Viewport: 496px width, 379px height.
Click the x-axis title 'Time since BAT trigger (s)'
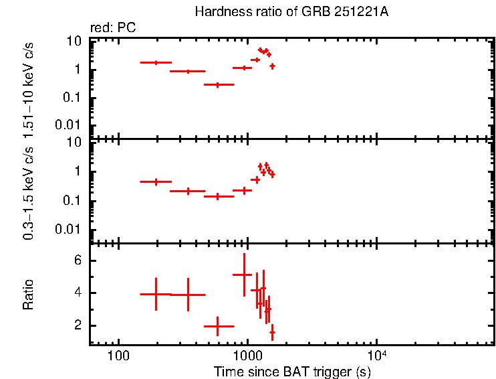(291, 371)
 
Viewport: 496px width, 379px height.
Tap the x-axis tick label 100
(118, 354)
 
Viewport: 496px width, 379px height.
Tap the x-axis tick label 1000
(247, 354)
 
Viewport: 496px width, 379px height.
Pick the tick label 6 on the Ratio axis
(80, 260)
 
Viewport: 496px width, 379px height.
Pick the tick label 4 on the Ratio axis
(80, 293)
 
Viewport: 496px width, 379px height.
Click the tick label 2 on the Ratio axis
(80, 325)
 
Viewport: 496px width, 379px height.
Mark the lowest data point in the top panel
(217, 85)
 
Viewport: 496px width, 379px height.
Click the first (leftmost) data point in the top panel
(156, 62)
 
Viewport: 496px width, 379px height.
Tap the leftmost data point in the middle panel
(156, 181)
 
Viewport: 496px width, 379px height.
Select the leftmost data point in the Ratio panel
(156, 294)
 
